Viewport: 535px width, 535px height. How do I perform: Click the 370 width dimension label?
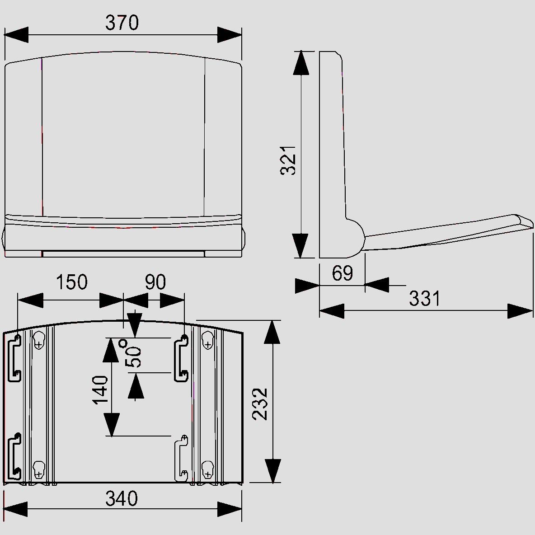[x=122, y=23]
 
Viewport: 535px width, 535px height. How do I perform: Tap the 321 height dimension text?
[x=288, y=160]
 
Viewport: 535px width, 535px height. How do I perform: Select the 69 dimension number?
[x=342, y=273]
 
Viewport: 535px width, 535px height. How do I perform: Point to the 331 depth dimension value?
[x=424, y=298]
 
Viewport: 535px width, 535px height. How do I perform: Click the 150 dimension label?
[x=72, y=282]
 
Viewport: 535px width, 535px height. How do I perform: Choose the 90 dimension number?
[x=155, y=282]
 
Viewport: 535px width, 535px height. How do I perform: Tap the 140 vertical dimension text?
[x=100, y=390]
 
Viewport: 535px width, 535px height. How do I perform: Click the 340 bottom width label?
[x=122, y=498]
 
